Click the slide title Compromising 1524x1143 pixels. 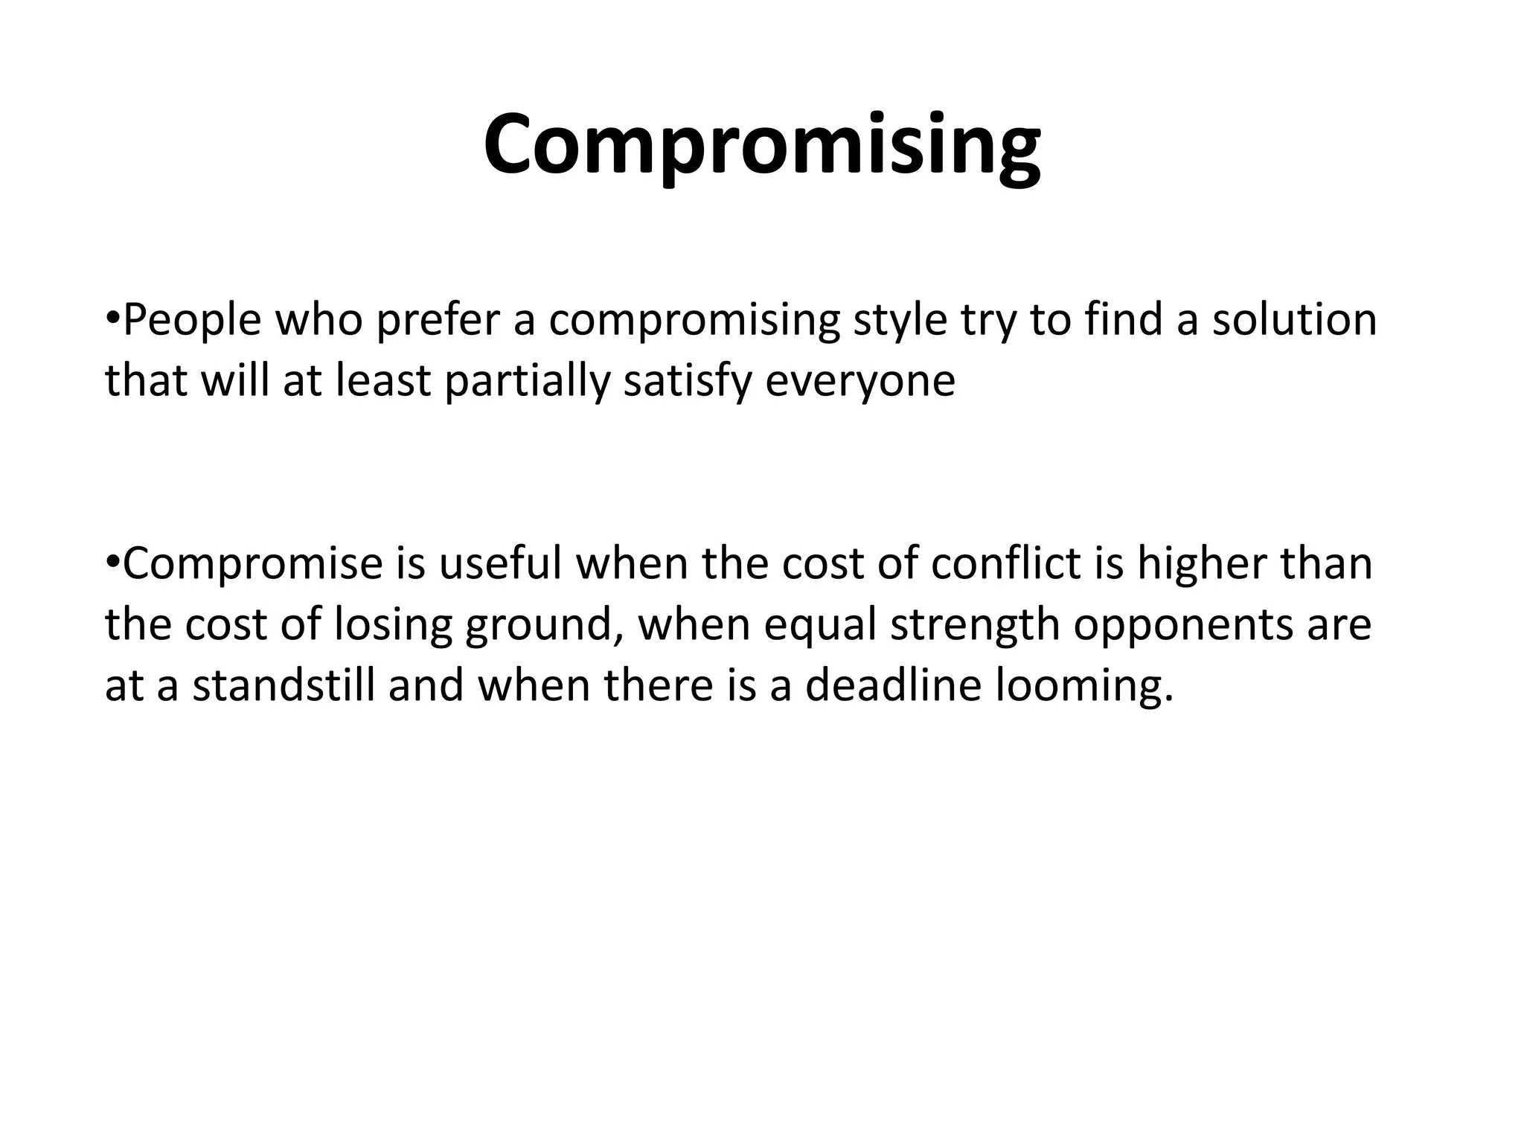pyautogui.click(x=761, y=145)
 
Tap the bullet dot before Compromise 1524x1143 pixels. pyautogui.click(x=112, y=563)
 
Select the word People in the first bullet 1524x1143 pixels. pyautogui.click(x=192, y=321)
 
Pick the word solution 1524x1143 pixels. pyautogui.click(x=1294, y=321)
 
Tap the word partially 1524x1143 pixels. pyautogui.click(x=527, y=382)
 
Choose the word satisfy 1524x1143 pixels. pyautogui.click(x=687, y=382)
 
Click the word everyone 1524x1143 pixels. pyautogui.click(x=860, y=382)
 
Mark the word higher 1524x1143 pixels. pyautogui.click(x=1200, y=564)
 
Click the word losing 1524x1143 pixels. pyautogui.click(x=393, y=625)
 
